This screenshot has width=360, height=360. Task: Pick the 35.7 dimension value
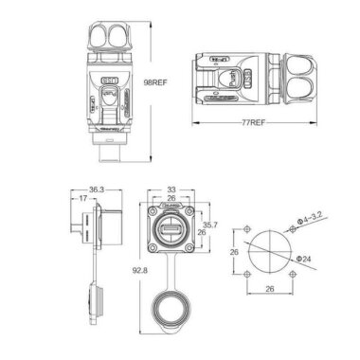pyautogui.click(x=212, y=225)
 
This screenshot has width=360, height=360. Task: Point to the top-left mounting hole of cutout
pyautogui.click(x=247, y=230)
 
